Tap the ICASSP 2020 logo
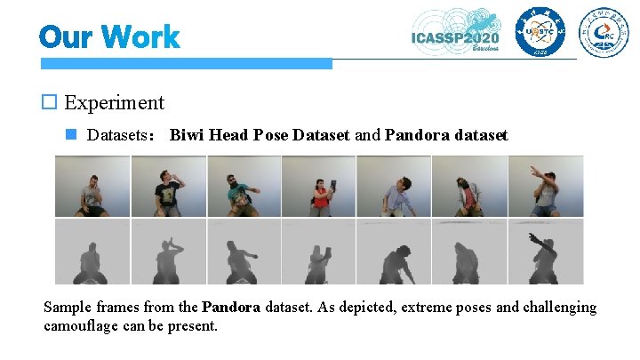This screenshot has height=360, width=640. [x=456, y=33]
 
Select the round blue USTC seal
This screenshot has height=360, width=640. [x=540, y=33]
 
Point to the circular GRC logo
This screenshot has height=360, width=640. [x=604, y=33]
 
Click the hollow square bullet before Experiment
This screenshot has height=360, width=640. [x=50, y=102]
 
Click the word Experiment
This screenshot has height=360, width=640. [x=115, y=102]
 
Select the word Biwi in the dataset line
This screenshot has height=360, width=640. [x=187, y=136]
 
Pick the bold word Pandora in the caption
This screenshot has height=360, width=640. [x=231, y=308]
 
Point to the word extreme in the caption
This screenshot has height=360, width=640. [x=429, y=308]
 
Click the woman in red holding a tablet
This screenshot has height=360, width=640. [x=319, y=190]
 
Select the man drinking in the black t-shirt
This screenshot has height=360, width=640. [x=168, y=188]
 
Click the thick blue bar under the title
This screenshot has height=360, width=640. [x=186, y=64]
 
